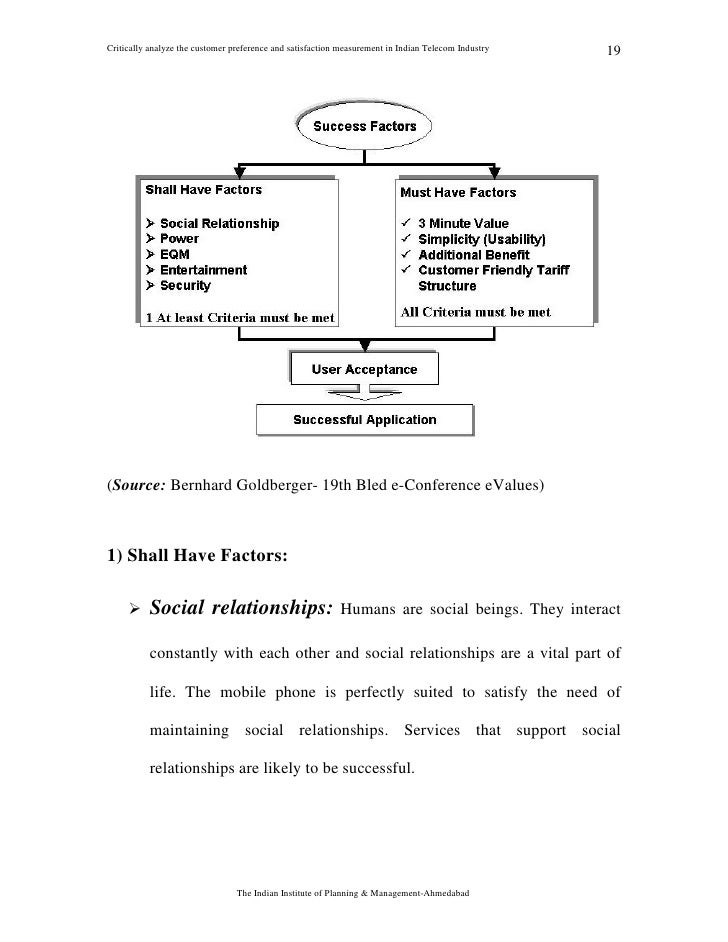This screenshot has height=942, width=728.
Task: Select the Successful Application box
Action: tap(364, 420)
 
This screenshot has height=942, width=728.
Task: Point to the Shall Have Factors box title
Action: tap(204, 189)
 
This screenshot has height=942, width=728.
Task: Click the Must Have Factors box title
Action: tap(458, 192)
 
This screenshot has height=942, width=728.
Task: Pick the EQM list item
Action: tap(177, 254)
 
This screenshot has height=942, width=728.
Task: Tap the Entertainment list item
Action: tap(203, 270)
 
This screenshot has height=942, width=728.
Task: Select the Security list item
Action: tap(185, 285)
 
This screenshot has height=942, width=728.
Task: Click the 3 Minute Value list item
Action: tap(463, 224)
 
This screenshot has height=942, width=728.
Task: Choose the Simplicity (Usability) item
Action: tap(481, 239)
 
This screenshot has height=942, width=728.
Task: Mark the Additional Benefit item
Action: tap(474, 254)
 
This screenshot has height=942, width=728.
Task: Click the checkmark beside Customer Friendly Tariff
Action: tap(405, 270)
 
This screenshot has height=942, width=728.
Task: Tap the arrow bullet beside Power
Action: tap(150, 239)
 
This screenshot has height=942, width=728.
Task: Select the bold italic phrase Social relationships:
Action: tap(241, 608)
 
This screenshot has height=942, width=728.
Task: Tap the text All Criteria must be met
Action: tap(475, 312)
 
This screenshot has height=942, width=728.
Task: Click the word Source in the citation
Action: tap(137, 488)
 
